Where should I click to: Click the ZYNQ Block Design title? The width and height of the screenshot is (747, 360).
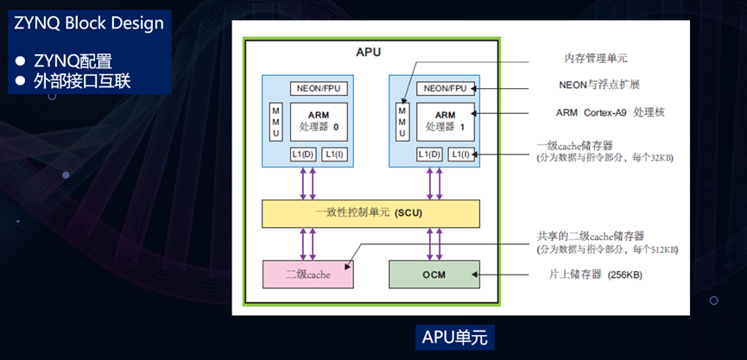click(89, 24)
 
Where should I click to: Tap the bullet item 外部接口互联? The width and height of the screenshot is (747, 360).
click(81, 81)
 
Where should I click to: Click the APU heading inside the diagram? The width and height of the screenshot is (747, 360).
click(368, 52)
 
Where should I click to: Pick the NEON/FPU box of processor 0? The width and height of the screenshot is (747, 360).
click(319, 89)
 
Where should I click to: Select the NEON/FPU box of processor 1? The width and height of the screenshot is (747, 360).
click(446, 89)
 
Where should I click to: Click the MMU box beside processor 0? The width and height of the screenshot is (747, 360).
click(275, 122)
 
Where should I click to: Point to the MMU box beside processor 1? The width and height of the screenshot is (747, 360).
click(402, 122)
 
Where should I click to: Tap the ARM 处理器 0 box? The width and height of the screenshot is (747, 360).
click(319, 122)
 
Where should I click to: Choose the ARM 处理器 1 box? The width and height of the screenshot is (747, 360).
click(446, 122)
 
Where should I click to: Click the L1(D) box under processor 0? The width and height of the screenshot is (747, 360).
click(302, 155)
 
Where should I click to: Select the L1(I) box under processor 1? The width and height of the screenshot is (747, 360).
click(461, 155)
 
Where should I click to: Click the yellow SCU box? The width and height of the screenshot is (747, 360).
click(370, 213)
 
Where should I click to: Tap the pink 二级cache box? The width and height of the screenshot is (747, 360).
click(307, 275)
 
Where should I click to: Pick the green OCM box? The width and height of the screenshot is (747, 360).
click(434, 275)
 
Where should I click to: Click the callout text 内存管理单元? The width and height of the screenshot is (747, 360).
click(596, 59)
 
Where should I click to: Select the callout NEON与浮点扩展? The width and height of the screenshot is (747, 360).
click(598, 85)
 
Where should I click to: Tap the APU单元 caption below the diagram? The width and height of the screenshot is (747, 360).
click(455, 338)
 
